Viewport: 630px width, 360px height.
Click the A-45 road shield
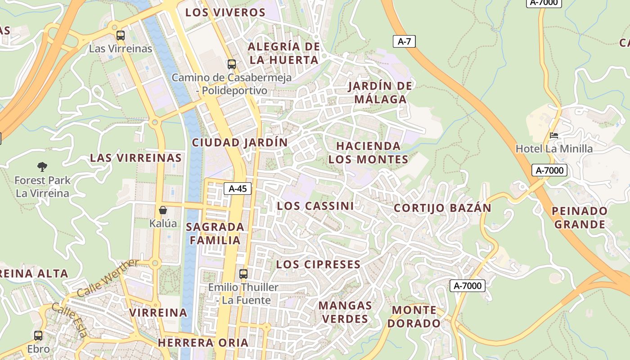click(238, 189)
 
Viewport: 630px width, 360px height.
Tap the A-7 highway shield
click(404, 41)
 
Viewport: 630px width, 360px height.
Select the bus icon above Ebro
click(38, 335)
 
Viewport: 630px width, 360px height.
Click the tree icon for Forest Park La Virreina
click(42, 167)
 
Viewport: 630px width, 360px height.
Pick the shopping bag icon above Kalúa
click(163, 210)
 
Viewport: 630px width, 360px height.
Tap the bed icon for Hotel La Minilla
click(554, 135)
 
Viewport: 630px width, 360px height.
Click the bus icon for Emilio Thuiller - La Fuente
click(243, 273)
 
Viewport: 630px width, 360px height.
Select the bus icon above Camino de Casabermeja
click(231, 64)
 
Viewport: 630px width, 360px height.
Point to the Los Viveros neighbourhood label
click(225, 12)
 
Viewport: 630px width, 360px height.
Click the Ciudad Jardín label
click(240, 142)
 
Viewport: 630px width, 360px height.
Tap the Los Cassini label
click(315, 206)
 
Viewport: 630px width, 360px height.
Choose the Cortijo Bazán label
click(442, 208)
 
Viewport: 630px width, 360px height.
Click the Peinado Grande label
click(580, 217)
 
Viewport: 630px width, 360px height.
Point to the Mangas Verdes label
click(345, 312)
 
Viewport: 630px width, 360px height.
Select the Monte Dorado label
click(414, 316)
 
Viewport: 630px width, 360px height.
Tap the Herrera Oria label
click(203, 342)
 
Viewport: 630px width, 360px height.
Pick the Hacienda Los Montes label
click(368, 153)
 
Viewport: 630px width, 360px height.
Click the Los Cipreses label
click(318, 264)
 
